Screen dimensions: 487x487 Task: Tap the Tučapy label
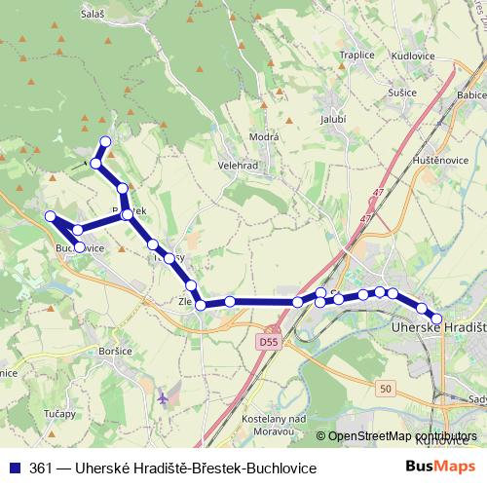[59, 414]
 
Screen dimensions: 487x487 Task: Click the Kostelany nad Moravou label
[274, 424]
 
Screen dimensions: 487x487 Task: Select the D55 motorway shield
[269, 343]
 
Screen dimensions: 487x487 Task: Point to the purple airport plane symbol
[162, 397]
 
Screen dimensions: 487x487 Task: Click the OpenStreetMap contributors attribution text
[402, 436]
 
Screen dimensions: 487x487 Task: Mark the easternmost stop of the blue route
[436, 318]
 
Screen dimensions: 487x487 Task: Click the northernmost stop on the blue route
[105, 142]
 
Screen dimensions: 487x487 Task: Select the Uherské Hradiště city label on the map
[437, 331]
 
